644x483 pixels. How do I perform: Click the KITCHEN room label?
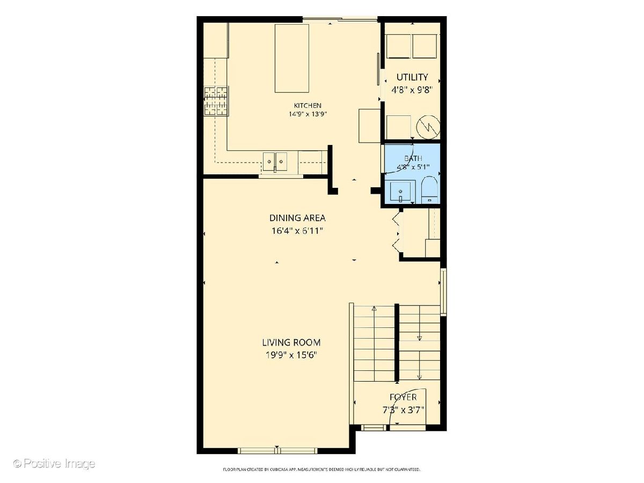point(308,105)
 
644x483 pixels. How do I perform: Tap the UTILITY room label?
point(412,77)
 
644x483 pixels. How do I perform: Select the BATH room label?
point(413,158)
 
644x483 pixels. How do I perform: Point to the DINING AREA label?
point(297,218)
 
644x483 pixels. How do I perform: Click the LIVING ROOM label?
point(291,342)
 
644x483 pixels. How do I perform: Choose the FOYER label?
point(403,397)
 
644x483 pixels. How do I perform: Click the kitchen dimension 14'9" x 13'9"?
point(308,114)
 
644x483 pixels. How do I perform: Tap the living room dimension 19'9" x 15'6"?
point(291,355)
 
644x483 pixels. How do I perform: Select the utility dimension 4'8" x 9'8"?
point(412,90)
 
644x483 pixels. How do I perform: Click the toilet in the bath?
point(429,190)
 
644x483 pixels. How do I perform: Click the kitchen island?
point(291,58)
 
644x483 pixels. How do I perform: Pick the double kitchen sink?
point(275,162)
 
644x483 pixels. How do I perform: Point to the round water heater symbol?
point(428,127)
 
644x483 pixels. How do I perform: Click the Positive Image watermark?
point(54,464)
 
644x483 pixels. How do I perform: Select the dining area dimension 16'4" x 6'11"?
point(297,231)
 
